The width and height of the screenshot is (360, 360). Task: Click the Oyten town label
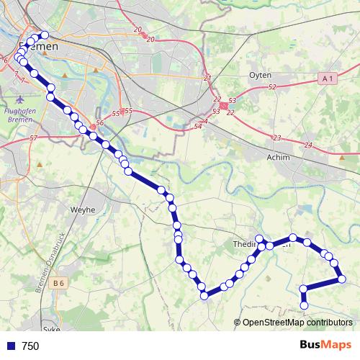pyautogui.click(x=259, y=74)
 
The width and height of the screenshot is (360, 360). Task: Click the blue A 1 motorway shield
pyautogui.click(x=328, y=77)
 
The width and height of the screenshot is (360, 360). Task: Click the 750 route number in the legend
pyautogui.click(x=30, y=346)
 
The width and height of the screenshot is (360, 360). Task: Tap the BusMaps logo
pyautogui.click(x=325, y=346)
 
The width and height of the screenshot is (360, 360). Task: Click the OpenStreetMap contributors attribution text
pyautogui.click(x=297, y=323)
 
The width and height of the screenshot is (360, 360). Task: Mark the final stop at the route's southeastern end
pyautogui.click(x=304, y=306)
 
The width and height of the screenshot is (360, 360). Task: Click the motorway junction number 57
pyautogui.click(x=33, y=137)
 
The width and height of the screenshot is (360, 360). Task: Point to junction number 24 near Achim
pyautogui.click(x=308, y=145)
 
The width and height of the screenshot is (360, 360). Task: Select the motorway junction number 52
pyautogui.click(x=271, y=87)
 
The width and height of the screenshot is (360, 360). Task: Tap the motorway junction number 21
pyautogui.click(x=207, y=78)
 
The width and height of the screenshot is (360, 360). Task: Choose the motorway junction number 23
pyautogui.click(x=276, y=138)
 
